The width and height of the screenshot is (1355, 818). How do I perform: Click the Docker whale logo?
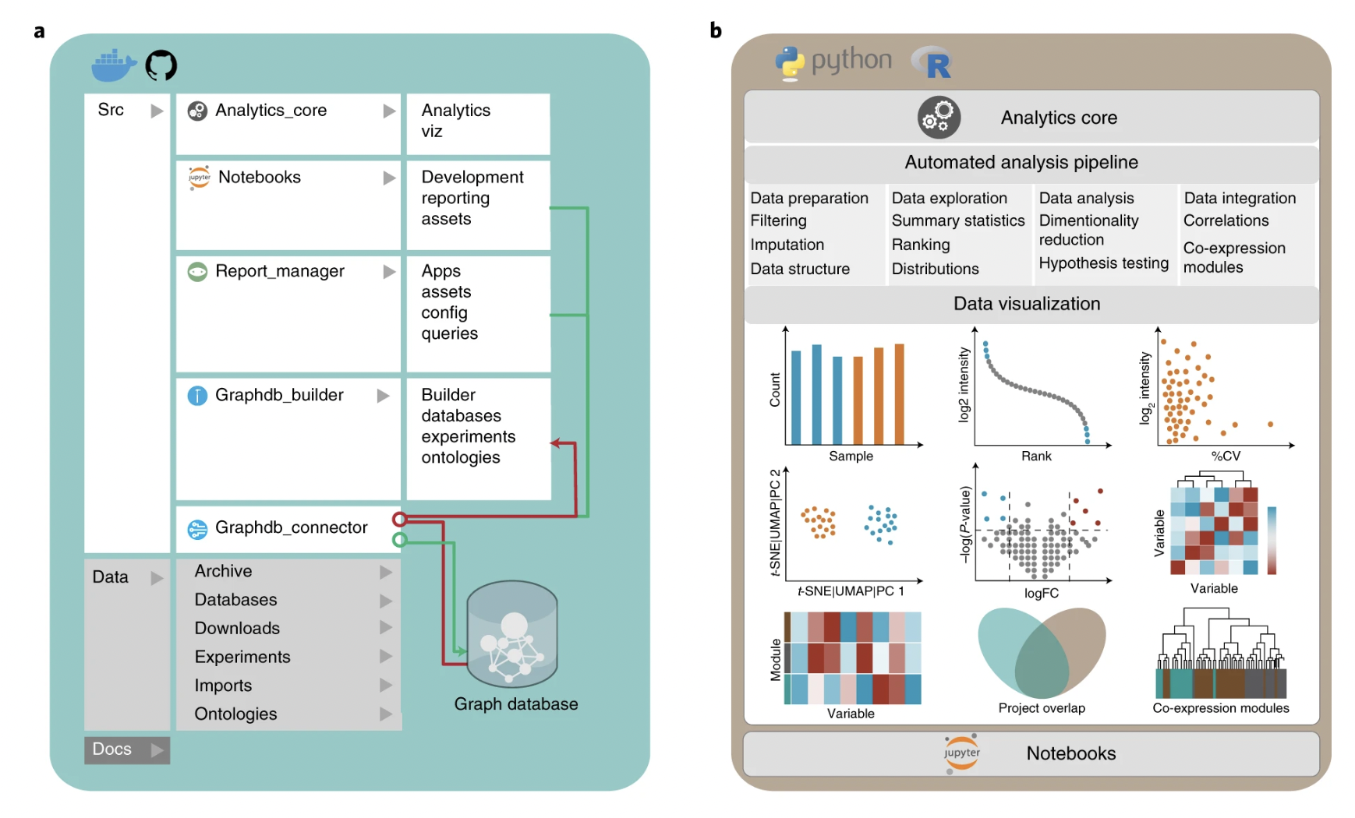pos(114,65)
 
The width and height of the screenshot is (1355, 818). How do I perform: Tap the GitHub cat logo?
pos(161,65)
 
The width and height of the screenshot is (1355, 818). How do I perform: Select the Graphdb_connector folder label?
pos(291,527)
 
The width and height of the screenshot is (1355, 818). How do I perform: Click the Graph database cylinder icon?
pos(512,633)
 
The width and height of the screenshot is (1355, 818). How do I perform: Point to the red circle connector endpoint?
pos(400,519)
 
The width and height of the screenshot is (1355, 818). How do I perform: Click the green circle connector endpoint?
pos(400,539)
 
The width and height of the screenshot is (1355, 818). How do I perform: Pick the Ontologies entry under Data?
pos(235,714)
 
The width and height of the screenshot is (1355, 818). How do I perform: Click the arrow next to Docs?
pos(157,749)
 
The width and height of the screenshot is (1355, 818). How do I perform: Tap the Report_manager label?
pos(280,271)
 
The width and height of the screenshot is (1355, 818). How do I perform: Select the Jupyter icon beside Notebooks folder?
pos(199,178)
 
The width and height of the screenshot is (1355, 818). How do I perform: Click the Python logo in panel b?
pos(790,63)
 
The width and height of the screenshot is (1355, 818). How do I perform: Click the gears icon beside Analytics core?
pos(939,118)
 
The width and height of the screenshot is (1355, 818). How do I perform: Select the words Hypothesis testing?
pos(1104,263)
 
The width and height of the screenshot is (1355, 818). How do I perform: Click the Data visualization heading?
pos(1027,304)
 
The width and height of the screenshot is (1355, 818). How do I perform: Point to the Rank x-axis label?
pos(1036,456)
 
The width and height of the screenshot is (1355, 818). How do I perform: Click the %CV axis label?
pos(1225,456)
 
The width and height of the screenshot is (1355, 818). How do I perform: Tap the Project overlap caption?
pos(1042,708)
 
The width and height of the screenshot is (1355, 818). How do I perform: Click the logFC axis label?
pos(1042,593)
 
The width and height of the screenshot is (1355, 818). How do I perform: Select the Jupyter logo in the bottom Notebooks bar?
pos(961,753)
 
